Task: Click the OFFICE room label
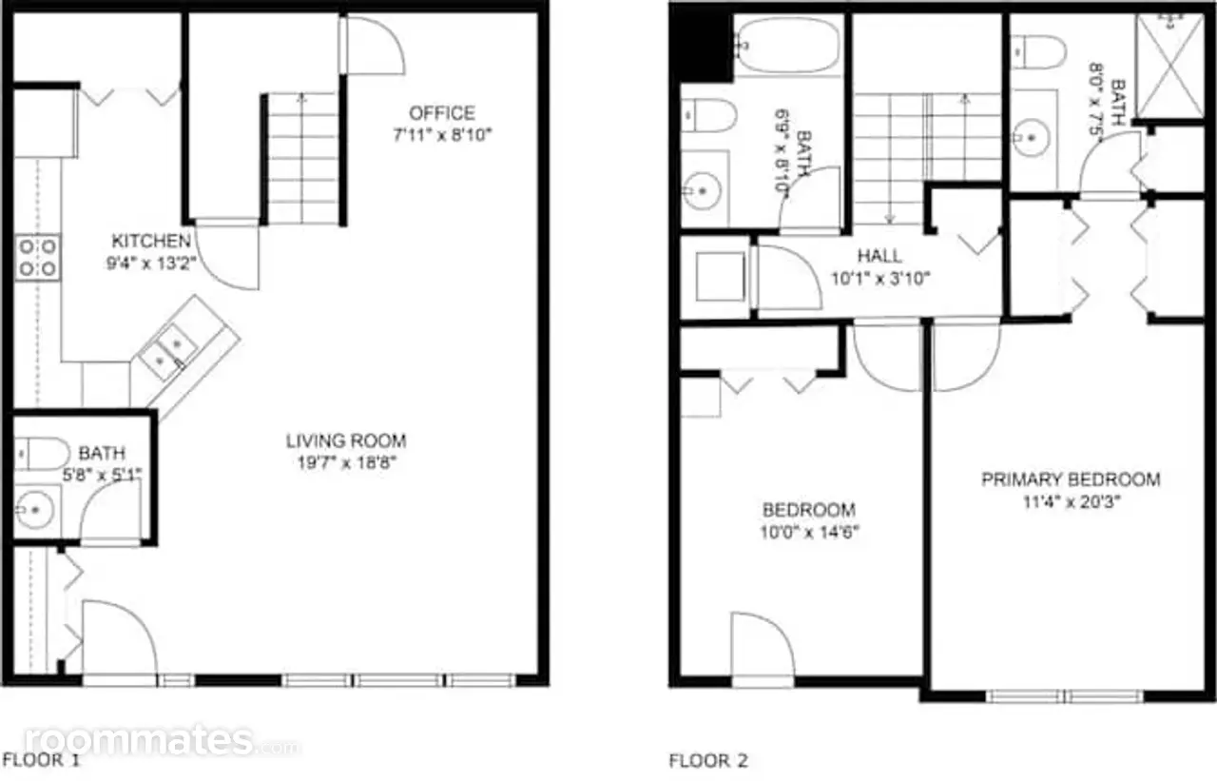pyautogui.click(x=442, y=113)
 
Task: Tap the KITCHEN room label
pyautogui.click(x=151, y=241)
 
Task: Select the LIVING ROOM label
pyautogui.click(x=346, y=440)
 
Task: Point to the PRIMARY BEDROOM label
pyautogui.click(x=1071, y=479)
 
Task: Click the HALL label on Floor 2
pyautogui.click(x=879, y=256)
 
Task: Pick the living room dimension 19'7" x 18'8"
pyautogui.click(x=347, y=463)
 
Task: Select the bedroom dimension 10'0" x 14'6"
pyautogui.click(x=809, y=532)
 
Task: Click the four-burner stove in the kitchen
pyautogui.click(x=37, y=258)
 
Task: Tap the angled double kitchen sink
pyautogui.click(x=168, y=352)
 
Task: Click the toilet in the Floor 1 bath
pyautogui.click(x=41, y=454)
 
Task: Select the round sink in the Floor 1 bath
pyautogui.click(x=33, y=510)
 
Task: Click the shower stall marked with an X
pyautogui.click(x=1169, y=66)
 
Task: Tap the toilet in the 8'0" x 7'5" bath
pyautogui.click(x=1038, y=52)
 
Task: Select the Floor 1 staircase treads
pyautogui.click(x=302, y=158)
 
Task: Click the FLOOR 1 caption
pyautogui.click(x=41, y=760)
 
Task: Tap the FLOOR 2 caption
pyautogui.click(x=708, y=761)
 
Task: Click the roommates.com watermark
pyautogui.click(x=162, y=740)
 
